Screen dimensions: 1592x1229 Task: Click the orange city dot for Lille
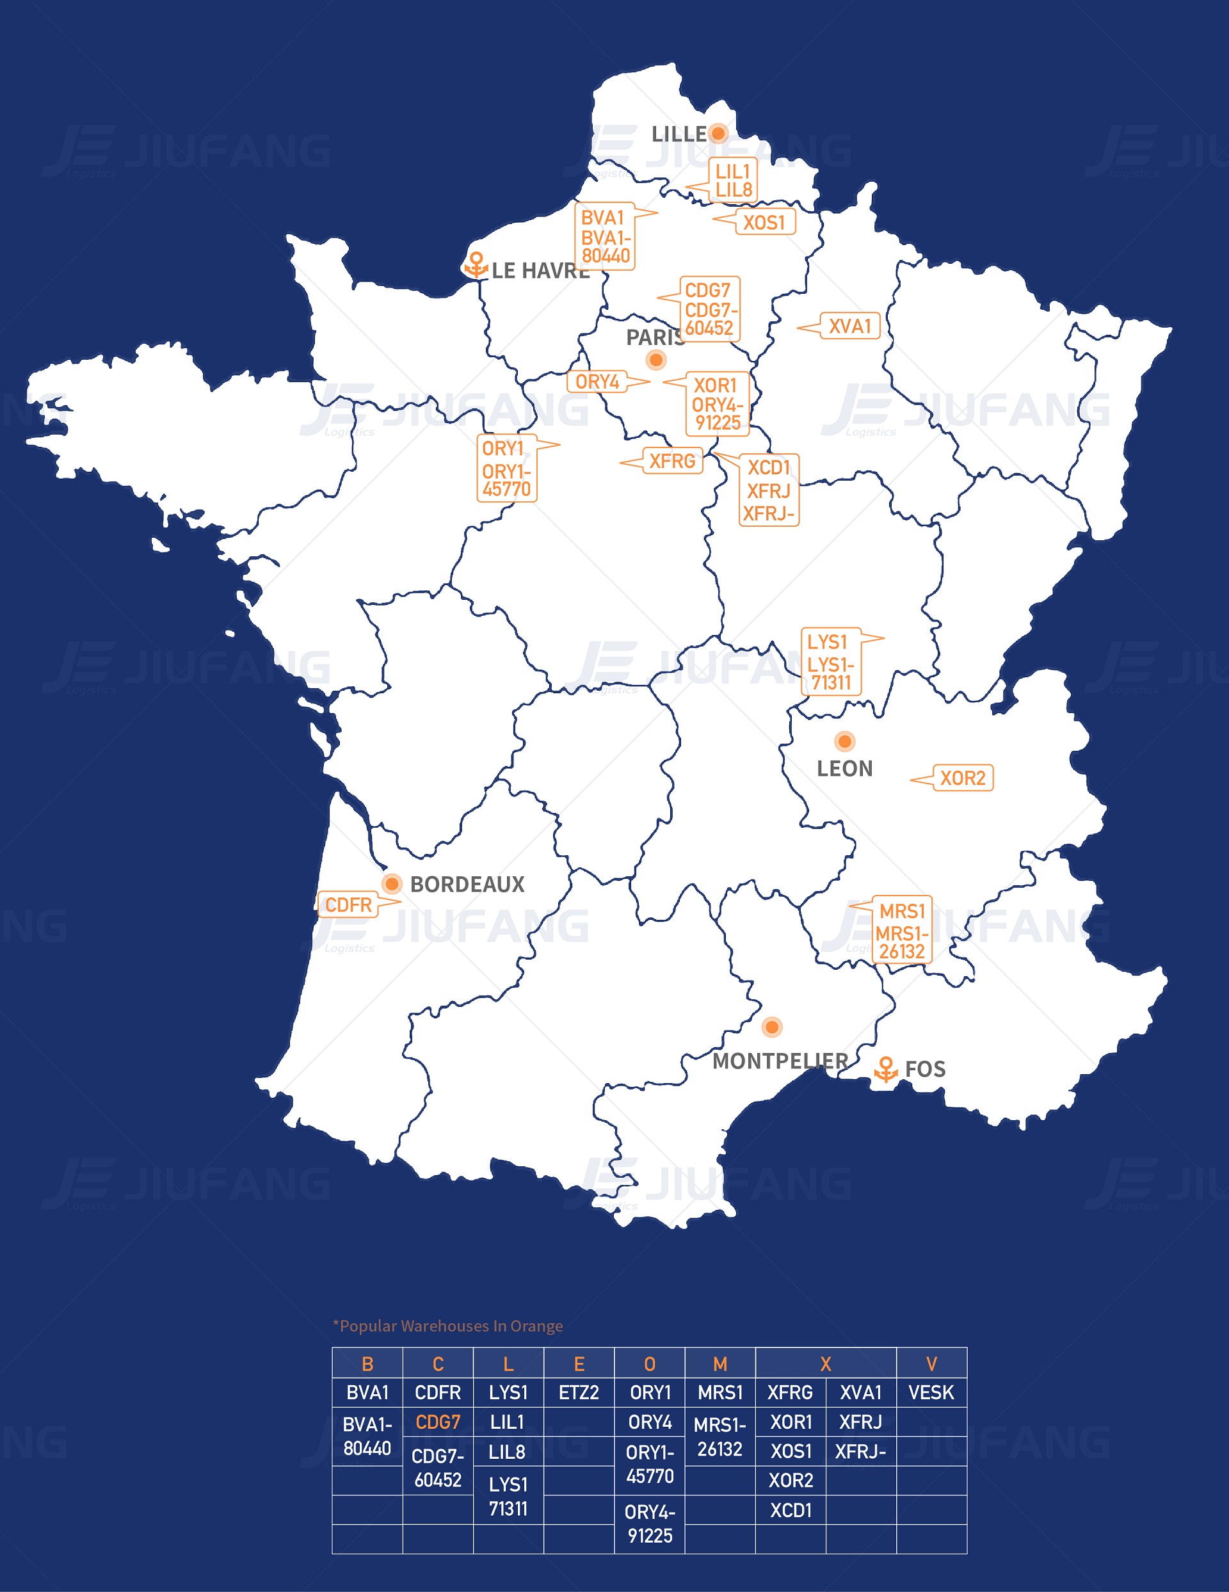tap(718, 133)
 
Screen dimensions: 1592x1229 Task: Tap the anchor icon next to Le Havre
tap(476, 264)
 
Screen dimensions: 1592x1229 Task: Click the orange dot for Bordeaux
tap(392, 883)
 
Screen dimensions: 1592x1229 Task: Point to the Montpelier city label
tap(780, 1061)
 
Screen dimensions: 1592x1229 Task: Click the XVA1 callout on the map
tap(849, 326)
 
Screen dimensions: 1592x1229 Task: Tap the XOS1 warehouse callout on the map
tap(763, 222)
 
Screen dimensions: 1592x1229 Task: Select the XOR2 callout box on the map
tap(962, 778)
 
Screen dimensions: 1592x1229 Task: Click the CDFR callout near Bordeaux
tap(348, 905)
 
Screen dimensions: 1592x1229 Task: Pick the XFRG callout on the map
tap(671, 461)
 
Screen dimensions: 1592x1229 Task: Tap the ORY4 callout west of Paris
tap(597, 382)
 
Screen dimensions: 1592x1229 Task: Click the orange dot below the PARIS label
tap(656, 359)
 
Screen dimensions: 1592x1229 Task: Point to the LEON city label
tap(844, 768)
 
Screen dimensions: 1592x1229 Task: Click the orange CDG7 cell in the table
tap(438, 1422)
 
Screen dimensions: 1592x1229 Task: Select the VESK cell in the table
tap(931, 1392)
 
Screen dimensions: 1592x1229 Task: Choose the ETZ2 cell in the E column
tap(579, 1392)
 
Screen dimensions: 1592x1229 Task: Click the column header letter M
tap(720, 1364)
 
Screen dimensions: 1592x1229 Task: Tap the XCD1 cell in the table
tap(791, 1510)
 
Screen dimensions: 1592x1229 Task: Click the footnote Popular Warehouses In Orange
tap(447, 1326)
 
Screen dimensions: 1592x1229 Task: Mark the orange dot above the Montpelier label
tap(772, 1027)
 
